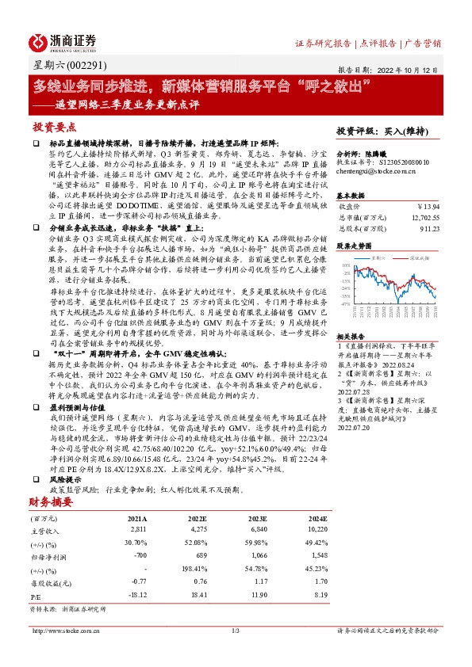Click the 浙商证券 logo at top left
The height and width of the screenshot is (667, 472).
click(x=63, y=41)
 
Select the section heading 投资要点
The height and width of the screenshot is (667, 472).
click(x=55, y=127)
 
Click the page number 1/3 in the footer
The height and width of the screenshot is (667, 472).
click(x=236, y=631)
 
